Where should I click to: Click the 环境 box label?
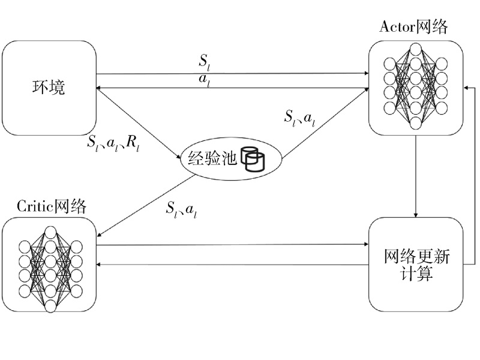pyautogui.click(x=49, y=88)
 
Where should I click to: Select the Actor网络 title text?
pyautogui.click(x=414, y=27)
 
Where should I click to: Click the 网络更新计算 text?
pyautogui.click(x=416, y=265)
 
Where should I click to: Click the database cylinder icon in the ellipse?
pyautogui.click(x=253, y=157)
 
